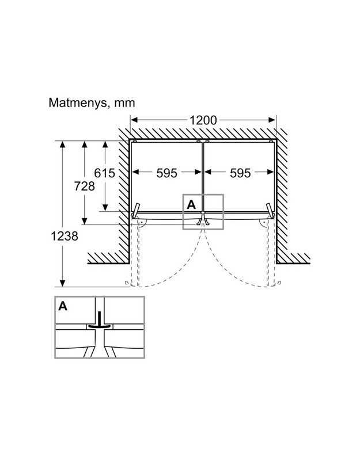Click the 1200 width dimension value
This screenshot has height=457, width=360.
pos(203,120)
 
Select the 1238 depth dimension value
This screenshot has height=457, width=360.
pos(65,236)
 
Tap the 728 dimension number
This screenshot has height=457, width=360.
pos(84,186)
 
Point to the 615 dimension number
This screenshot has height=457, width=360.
pos(104,173)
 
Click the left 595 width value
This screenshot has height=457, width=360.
pos(166,173)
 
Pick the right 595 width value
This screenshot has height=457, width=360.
pos(240,173)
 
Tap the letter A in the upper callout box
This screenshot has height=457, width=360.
pos(191,204)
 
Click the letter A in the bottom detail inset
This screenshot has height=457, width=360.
pos(63,306)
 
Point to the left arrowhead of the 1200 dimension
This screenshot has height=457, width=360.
pos(134,120)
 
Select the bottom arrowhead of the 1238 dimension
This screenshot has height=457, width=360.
pos(62,283)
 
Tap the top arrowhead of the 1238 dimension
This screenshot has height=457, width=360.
pos(62,144)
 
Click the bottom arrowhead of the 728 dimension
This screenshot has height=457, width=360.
pos(84,221)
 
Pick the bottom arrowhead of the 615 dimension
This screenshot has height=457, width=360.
pos(105,208)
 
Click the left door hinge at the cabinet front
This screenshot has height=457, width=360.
pos(136,211)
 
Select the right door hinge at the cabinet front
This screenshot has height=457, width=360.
pos(270,211)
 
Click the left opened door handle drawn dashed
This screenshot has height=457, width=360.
pos(127,283)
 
